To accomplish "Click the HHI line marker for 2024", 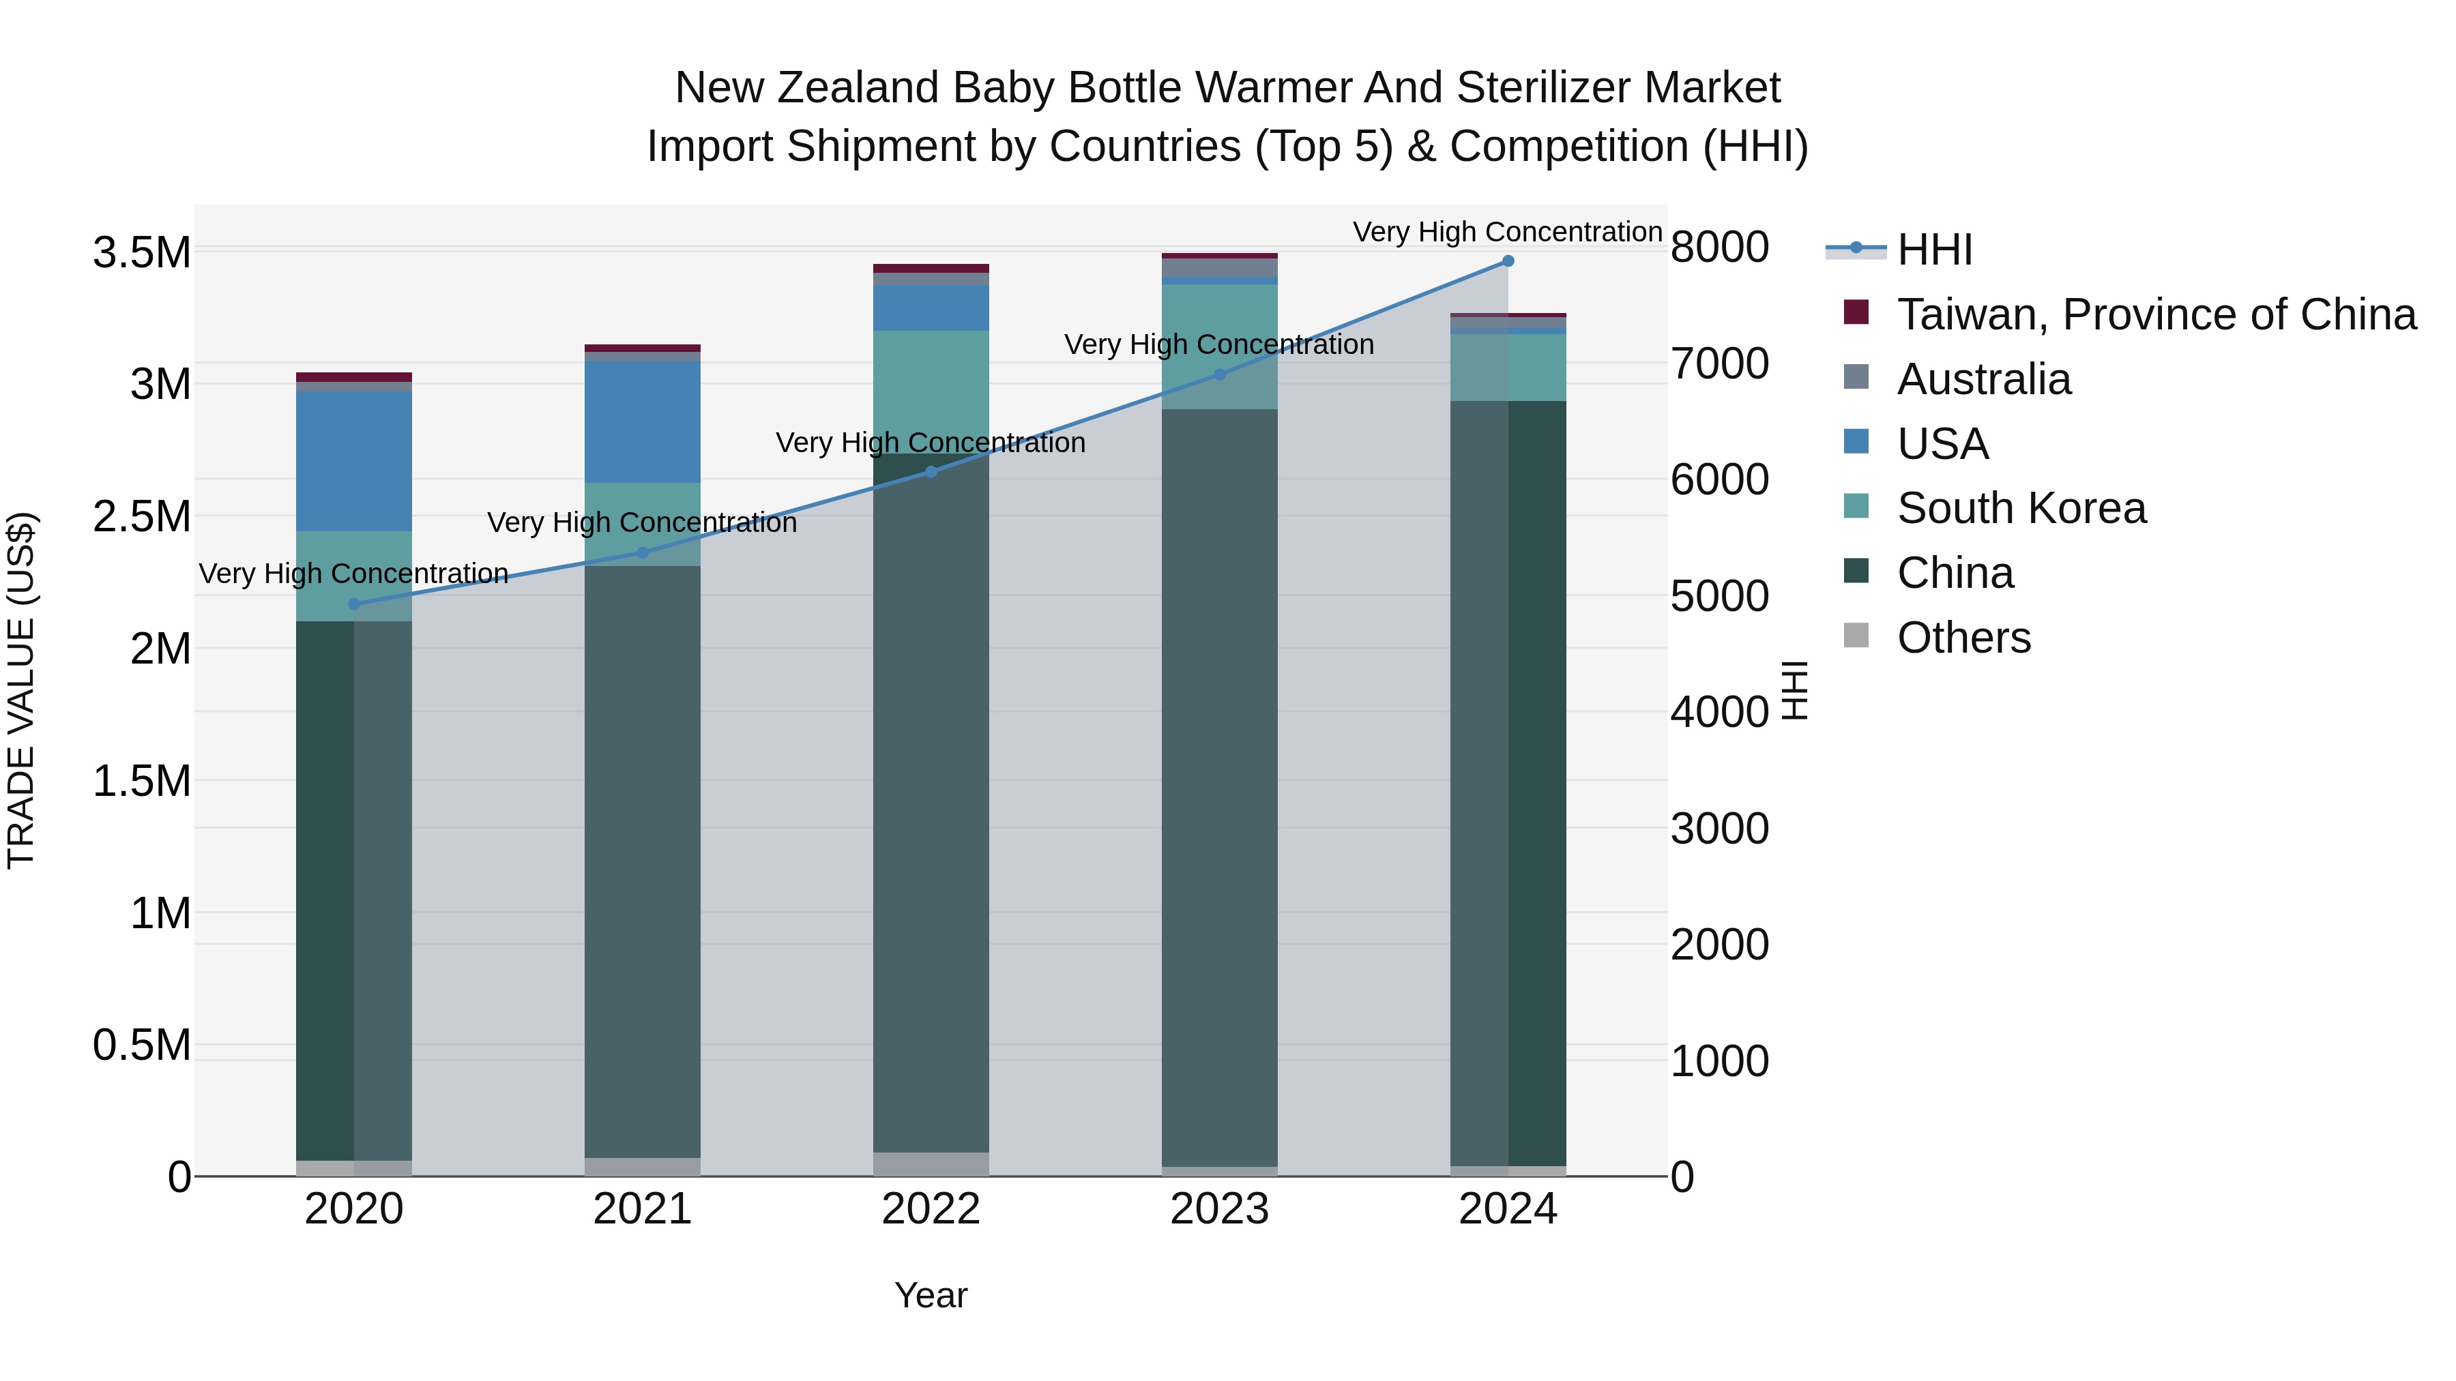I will click(x=1507, y=261).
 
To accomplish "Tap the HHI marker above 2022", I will click(x=931, y=472).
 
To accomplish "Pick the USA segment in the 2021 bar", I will click(x=643, y=421).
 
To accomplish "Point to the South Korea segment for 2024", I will click(x=1507, y=367).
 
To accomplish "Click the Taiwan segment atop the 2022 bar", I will click(x=931, y=269).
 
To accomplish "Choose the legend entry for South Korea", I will click(x=2021, y=508).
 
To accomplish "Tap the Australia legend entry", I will click(x=1983, y=379).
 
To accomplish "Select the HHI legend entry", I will click(x=1933, y=250).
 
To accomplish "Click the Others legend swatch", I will click(x=1856, y=636).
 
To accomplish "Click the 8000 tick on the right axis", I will click(x=1719, y=247).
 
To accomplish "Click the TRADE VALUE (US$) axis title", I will click(x=21, y=690).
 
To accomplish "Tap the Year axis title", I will click(x=931, y=1295).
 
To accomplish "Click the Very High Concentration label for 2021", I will click(x=642, y=522).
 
